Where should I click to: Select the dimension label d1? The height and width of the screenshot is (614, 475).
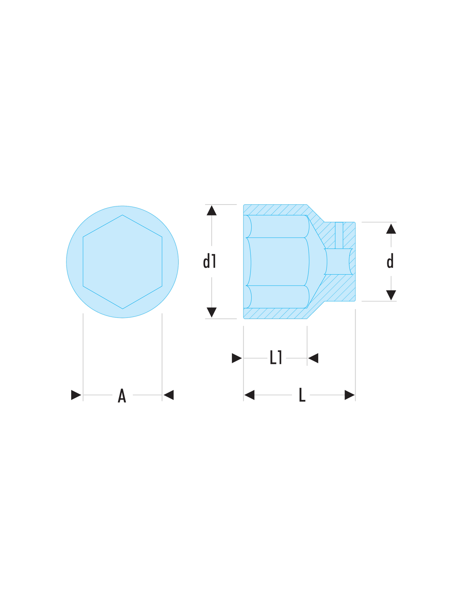[x=209, y=261]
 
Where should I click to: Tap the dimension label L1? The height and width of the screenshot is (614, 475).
[x=276, y=357]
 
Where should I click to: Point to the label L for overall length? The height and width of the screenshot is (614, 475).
[x=302, y=395]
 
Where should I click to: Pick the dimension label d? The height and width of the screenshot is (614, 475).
[x=390, y=261]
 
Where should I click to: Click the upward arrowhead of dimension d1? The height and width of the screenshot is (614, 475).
[x=211, y=211]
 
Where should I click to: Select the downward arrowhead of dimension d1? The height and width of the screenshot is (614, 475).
[x=211, y=312]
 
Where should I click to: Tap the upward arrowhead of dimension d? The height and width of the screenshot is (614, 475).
[x=391, y=229]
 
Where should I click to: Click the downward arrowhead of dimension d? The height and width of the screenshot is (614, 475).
[x=391, y=295]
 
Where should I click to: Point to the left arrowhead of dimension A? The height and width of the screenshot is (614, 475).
[x=76, y=395]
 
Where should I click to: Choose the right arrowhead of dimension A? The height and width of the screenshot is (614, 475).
[x=168, y=395]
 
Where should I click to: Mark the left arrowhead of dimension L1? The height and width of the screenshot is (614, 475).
[x=237, y=358]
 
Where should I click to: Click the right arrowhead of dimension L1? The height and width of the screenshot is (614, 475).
[x=313, y=358]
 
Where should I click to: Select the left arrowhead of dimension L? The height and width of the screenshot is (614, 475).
[x=249, y=395]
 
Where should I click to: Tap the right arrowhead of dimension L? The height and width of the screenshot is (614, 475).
[x=349, y=395]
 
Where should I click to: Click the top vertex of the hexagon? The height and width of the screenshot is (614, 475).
[x=122, y=215]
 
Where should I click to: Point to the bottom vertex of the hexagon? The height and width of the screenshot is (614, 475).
[x=122, y=309]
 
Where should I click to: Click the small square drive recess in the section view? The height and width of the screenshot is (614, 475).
[x=338, y=261]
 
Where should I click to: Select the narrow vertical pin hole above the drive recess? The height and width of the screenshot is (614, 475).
[x=339, y=235]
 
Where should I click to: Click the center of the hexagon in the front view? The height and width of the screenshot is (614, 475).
[x=122, y=262]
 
